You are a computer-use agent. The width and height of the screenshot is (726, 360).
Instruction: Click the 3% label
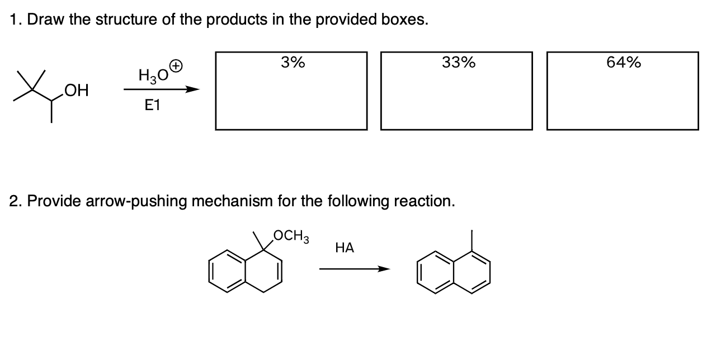[293, 63]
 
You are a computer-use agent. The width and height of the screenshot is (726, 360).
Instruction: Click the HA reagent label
[345, 247]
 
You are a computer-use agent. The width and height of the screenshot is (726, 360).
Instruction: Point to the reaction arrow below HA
[353, 269]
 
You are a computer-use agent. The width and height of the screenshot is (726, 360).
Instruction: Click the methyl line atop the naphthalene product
[472, 238]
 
